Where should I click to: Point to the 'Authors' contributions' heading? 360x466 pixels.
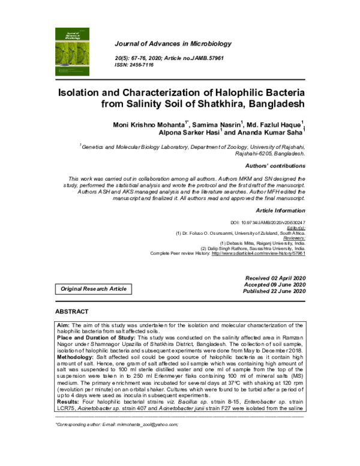[x=275, y=165]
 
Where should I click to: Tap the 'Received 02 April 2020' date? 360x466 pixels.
[x=275, y=277]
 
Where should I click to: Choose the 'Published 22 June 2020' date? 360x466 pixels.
[x=274, y=291]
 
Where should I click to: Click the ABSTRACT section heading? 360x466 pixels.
[x=71, y=312]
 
